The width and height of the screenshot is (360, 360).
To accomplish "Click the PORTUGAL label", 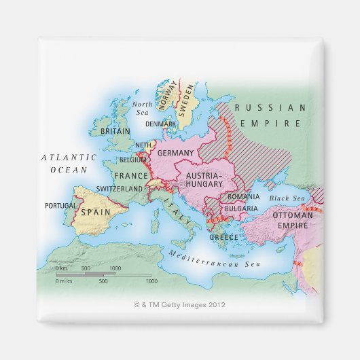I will [x=60, y=205].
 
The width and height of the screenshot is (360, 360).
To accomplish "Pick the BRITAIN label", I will [x=115, y=130].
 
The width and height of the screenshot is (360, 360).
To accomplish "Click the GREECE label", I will [x=223, y=237].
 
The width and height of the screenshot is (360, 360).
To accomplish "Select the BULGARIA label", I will [x=241, y=208].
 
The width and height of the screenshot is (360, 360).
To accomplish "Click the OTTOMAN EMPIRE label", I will [x=292, y=219].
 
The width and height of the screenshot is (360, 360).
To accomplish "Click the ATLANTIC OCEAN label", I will [x=69, y=163].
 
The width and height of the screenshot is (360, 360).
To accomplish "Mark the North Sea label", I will [x=143, y=107].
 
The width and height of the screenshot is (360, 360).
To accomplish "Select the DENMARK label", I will [x=160, y=124].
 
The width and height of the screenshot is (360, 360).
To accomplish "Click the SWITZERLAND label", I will [x=120, y=188].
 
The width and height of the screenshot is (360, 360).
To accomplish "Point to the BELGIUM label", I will [x=132, y=160].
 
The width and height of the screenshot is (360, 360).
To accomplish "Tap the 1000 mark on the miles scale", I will [x=151, y=281].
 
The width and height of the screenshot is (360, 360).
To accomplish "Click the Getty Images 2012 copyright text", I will [x=180, y=305].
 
